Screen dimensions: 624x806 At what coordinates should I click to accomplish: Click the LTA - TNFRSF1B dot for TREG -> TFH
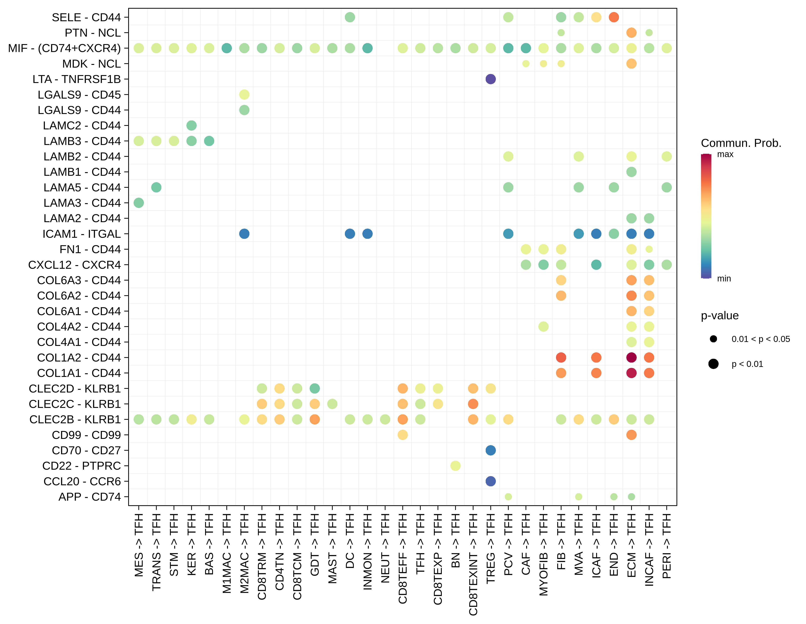pyautogui.click(x=490, y=79)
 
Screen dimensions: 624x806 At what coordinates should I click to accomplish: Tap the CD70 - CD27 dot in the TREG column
pyautogui.click(x=490, y=450)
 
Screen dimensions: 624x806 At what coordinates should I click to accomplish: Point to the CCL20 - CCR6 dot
pyautogui.click(x=490, y=481)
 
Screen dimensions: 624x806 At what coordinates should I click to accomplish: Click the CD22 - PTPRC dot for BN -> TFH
pyautogui.click(x=455, y=466)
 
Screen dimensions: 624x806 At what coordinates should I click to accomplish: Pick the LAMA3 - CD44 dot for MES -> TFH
pyautogui.click(x=139, y=203)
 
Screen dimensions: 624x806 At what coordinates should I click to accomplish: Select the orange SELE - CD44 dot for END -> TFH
pyautogui.click(x=614, y=17)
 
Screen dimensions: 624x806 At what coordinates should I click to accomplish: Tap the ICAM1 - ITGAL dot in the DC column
pyautogui.click(x=350, y=234)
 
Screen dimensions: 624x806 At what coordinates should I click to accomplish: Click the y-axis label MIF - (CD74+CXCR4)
pyautogui.click(x=64, y=48)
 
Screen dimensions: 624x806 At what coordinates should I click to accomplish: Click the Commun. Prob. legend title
pyautogui.click(x=741, y=143)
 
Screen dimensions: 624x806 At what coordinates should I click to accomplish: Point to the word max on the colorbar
pyautogui.click(x=725, y=154)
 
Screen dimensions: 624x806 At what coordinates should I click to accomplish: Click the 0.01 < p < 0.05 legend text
pyautogui.click(x=761, y=339)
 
